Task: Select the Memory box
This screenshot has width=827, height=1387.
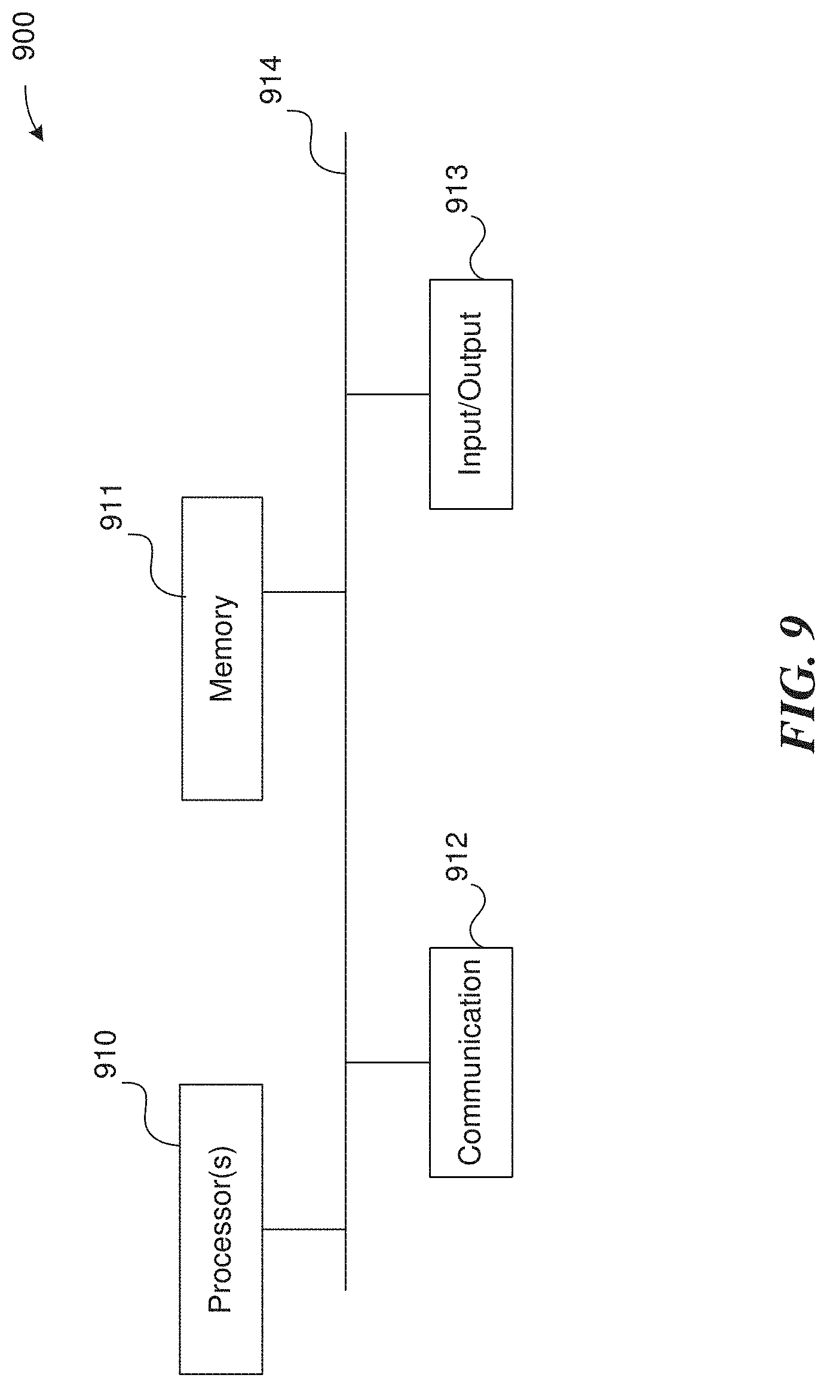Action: point(222,648)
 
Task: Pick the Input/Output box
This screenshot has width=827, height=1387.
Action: point(470,393)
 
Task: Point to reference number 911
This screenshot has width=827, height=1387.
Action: point(111,507)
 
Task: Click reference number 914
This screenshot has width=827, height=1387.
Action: point(272,80)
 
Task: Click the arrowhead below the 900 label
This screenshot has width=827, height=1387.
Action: point(38,134)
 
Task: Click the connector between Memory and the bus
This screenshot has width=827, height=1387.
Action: point(304,592)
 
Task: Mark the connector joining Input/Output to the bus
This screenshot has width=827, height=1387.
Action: point(387,394)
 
